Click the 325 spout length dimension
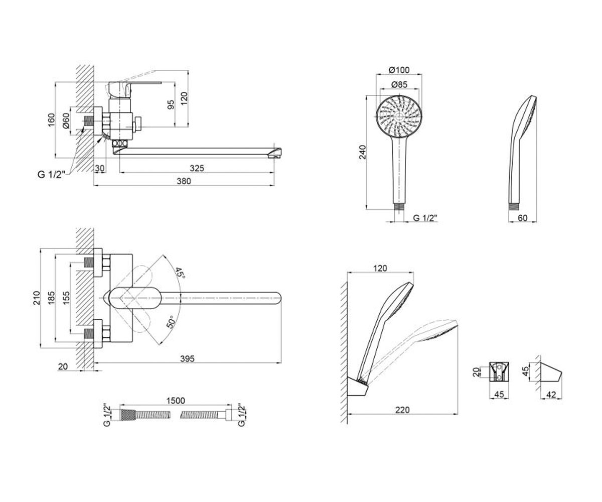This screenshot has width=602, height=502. point(197,168)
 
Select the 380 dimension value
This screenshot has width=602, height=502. point(184,181)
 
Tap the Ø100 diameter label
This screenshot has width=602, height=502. point(399,70)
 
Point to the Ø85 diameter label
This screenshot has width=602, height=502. point(399,84)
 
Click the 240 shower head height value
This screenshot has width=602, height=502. point(362,152)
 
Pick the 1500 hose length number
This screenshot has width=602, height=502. point(176,401)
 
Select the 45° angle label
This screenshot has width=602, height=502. point(180,273)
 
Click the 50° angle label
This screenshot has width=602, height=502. point(171,322)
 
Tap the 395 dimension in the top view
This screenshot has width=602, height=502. point(188,358)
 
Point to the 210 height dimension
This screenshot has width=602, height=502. point(37,298)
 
